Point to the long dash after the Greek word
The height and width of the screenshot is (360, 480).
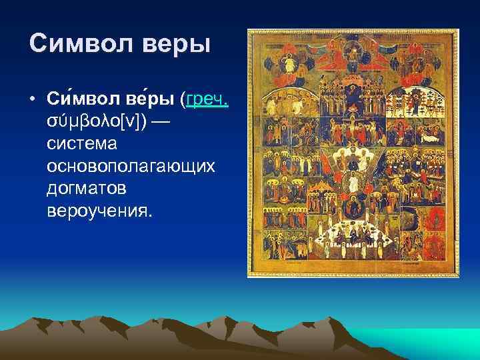click(x=164, y=122)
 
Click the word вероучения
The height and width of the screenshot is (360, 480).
click(x=99, y=211)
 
